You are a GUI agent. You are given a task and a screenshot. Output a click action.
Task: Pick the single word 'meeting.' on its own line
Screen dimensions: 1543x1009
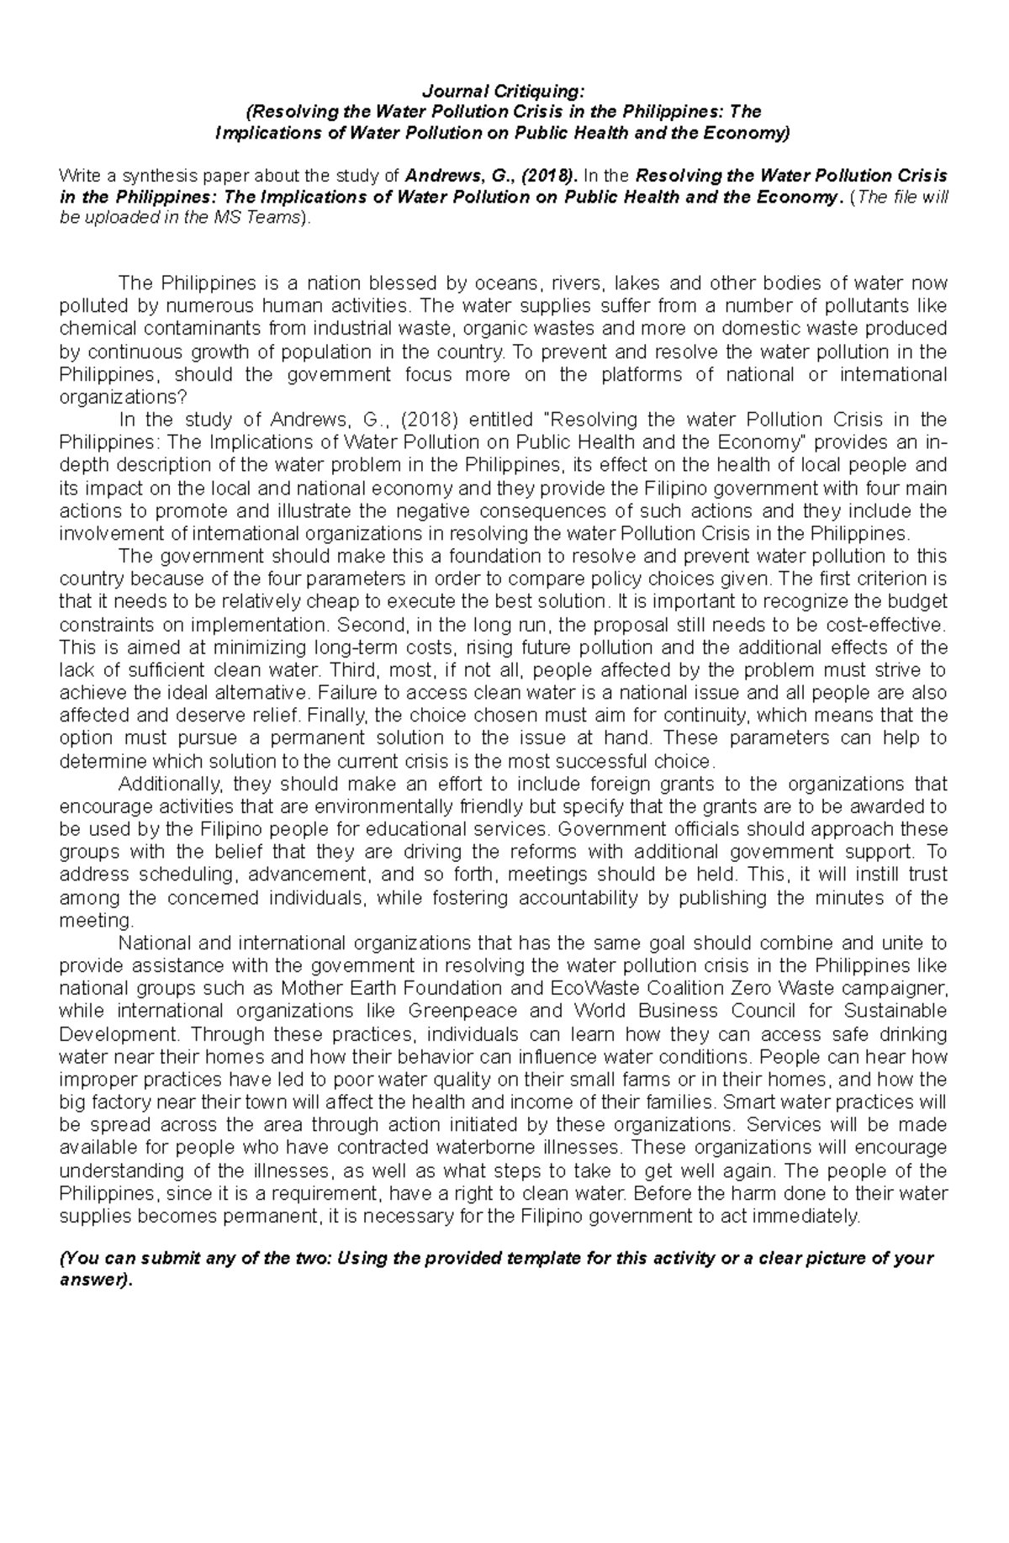96,920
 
